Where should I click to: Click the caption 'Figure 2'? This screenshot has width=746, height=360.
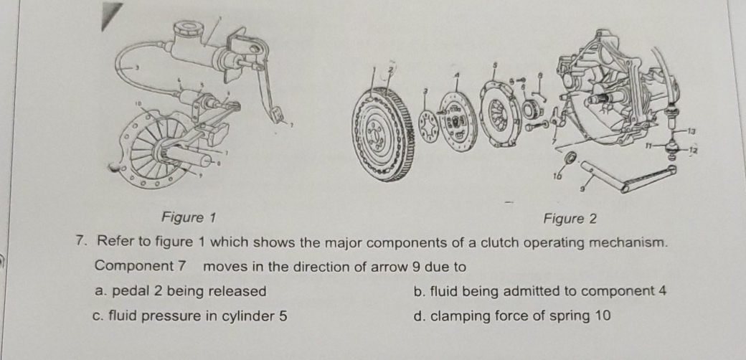(x=570, y=218)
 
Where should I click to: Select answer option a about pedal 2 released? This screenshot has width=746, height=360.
(x=181, y=291)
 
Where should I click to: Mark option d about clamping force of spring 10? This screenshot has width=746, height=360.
(x=512, y=315)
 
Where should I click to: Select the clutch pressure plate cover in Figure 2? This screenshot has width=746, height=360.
(x=494, y=115)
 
